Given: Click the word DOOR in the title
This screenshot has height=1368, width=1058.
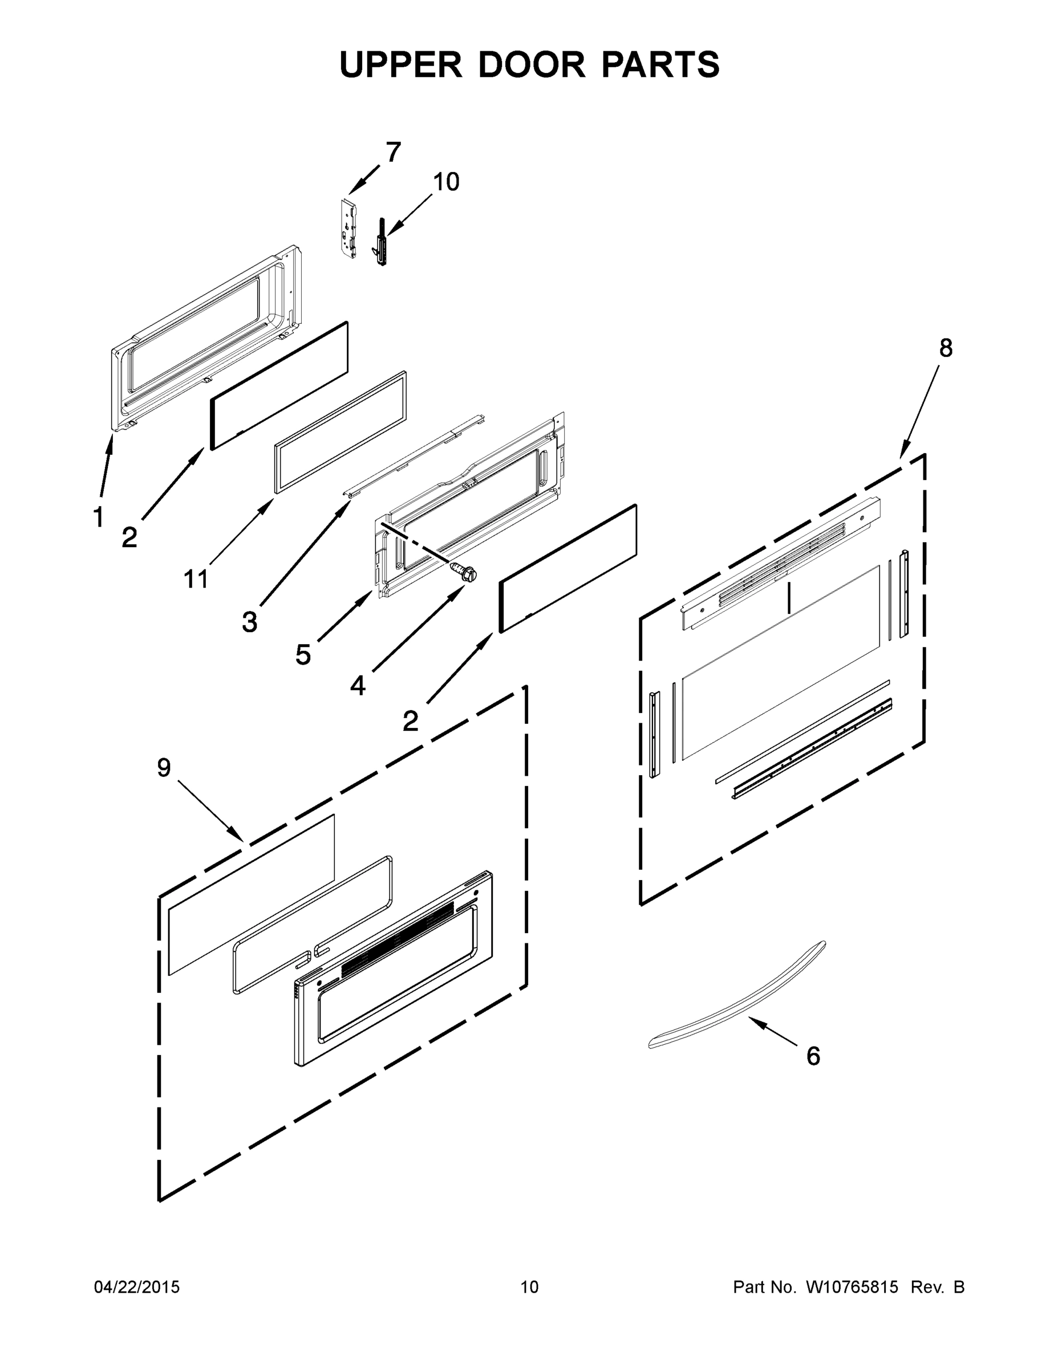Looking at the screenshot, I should [532, 64].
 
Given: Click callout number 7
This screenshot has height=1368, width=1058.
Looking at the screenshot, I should [393, 152].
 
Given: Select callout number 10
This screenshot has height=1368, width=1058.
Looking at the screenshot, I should [446, 182].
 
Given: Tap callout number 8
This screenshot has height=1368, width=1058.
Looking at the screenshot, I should [945, 348].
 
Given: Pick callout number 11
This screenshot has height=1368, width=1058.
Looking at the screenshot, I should [196, 579].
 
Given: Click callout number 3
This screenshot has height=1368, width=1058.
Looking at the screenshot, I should [249, 622].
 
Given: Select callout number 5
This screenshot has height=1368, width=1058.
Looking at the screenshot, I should [303, 654].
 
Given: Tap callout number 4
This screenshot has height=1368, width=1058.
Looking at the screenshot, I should [357, 686].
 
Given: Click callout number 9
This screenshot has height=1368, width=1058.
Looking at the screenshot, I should [164, 767].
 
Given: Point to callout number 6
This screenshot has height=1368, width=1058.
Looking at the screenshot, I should [813, 1056].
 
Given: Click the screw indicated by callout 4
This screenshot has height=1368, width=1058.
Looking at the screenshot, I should [463, 572].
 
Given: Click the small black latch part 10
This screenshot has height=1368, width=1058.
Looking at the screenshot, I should [381, 242].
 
